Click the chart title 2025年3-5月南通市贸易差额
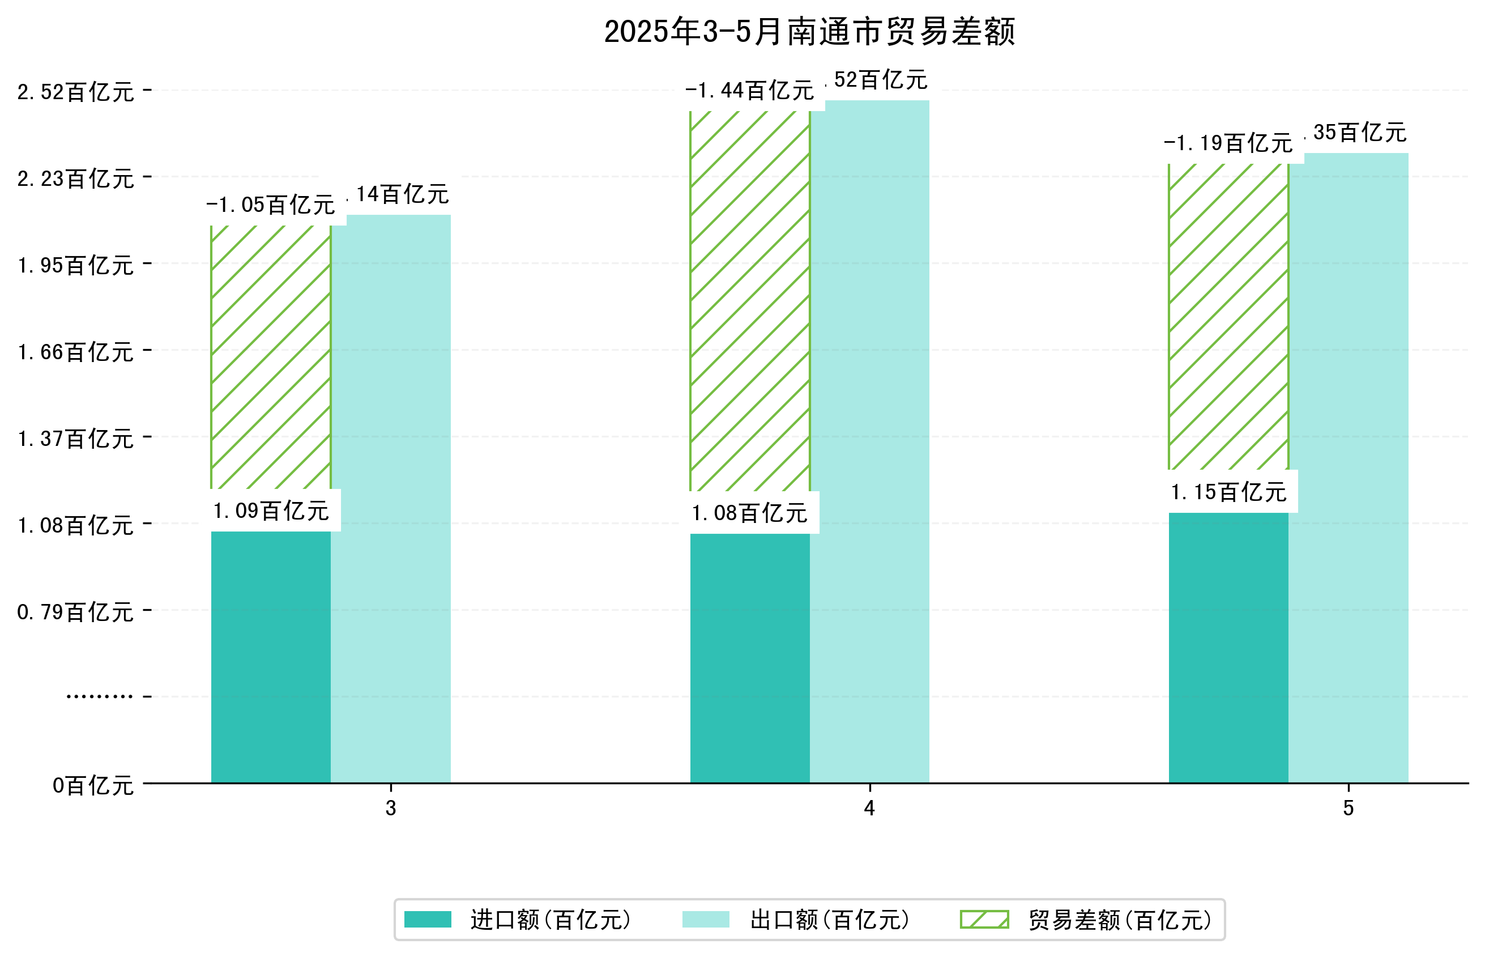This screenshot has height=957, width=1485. [809, 32]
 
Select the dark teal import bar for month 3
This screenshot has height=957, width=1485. [271, 656]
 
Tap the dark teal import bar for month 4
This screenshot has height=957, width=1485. [749, 657]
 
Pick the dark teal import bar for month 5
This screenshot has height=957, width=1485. [1228, 647]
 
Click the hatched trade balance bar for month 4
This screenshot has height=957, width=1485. [749, 301]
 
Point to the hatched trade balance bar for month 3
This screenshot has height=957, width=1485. [271, 357]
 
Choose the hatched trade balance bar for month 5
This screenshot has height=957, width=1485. [1228, 316]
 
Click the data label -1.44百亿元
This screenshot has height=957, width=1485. [749, 91]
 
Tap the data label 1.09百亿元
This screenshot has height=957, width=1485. [271, 511]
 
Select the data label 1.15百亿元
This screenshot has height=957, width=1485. [1228, 492]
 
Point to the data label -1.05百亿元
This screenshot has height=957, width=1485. [271, 205]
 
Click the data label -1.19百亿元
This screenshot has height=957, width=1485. [1228, 143]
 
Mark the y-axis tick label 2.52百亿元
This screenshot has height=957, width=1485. [75, 92]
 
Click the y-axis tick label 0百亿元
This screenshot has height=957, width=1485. [92, 785]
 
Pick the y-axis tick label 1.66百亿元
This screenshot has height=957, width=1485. [75, 352]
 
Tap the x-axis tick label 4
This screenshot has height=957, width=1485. [869, 808]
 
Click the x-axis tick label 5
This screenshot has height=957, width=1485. [1348, 808]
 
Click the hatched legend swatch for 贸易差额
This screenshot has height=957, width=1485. [984, 919]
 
